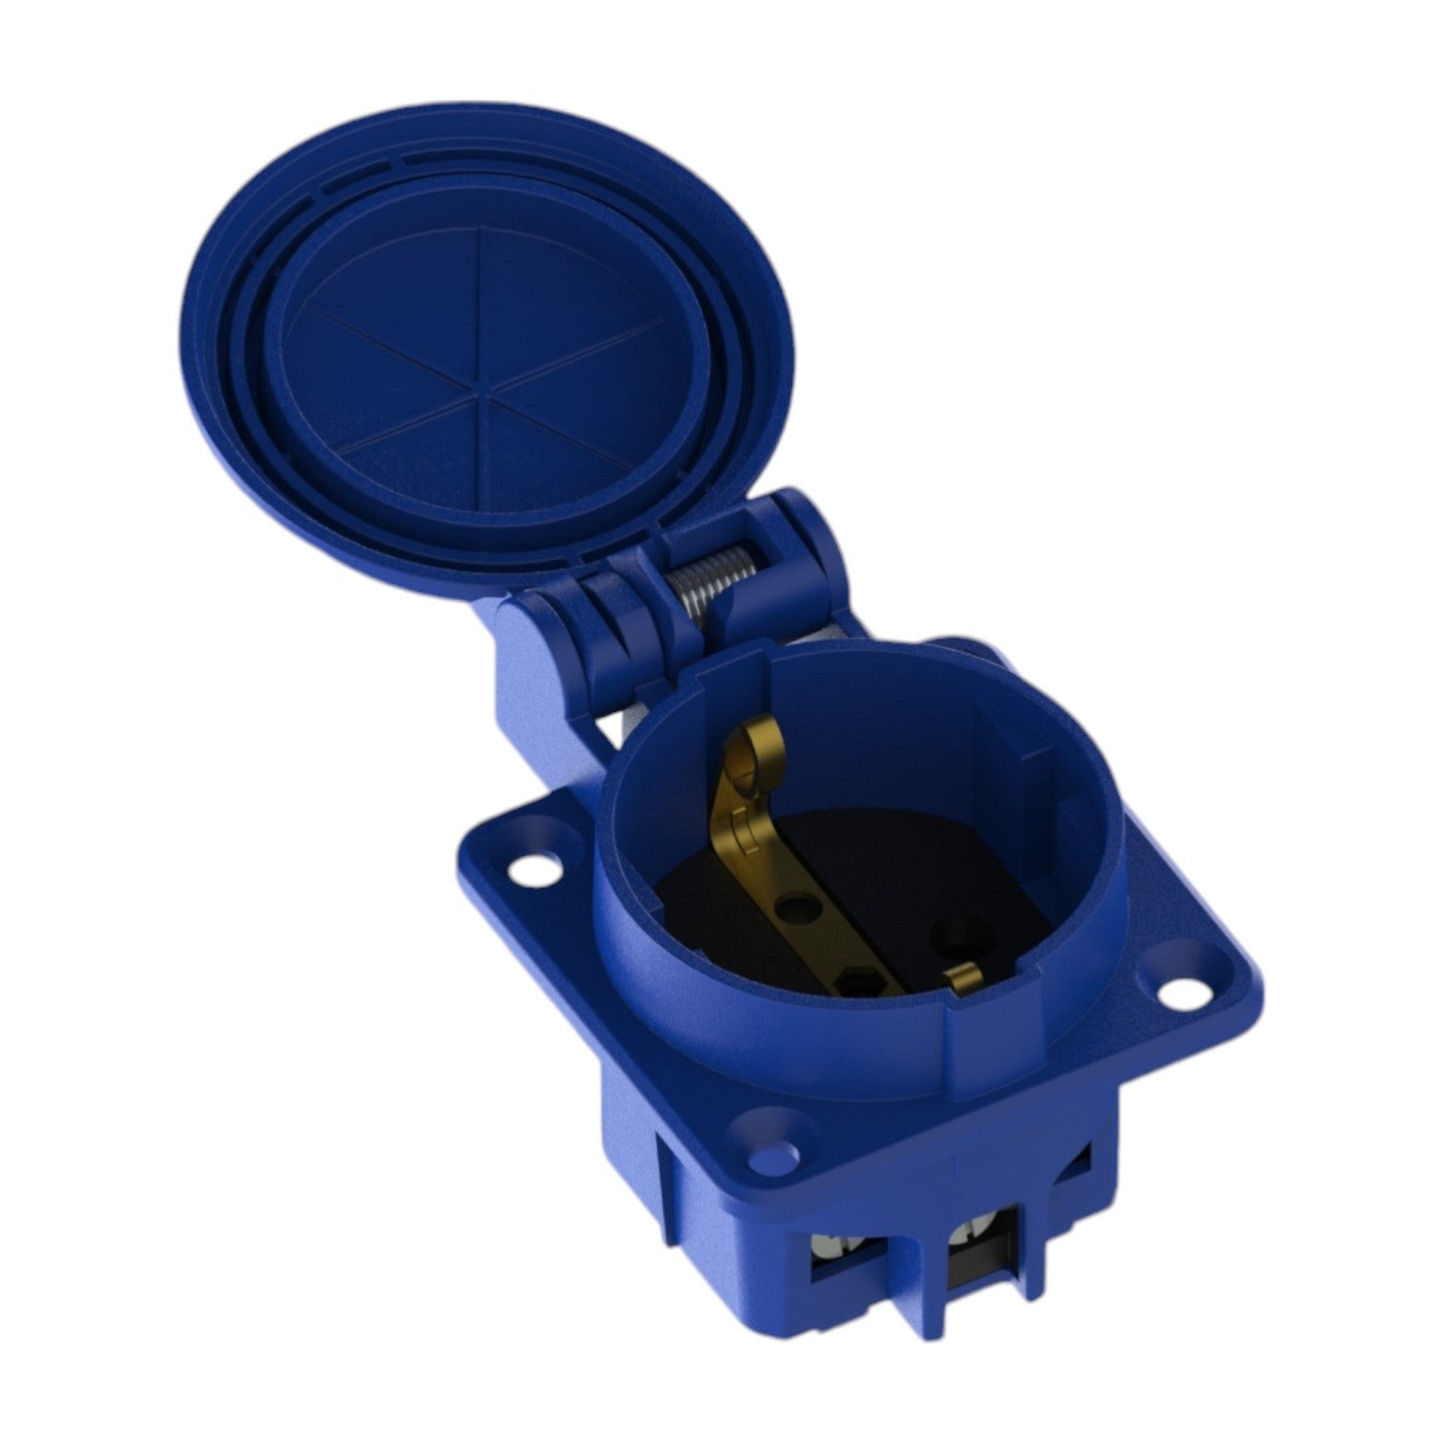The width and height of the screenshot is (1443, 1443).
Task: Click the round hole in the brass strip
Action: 795,908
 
